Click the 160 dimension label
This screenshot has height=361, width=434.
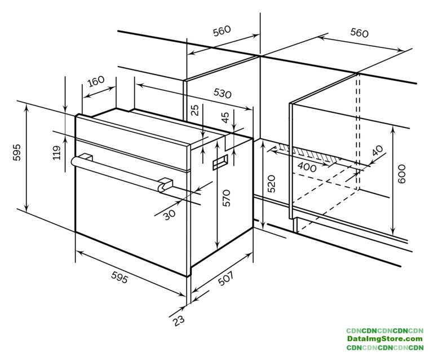pos(96,81)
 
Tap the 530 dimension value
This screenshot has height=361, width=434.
pos(222,94)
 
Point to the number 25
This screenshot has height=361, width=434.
pos(195,110)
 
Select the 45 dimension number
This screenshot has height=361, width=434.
pos(225,117)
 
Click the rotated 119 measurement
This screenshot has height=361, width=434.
pos(56,153)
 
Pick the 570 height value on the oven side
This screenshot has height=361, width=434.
pos(226,198)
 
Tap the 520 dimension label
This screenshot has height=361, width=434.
pos(272,183)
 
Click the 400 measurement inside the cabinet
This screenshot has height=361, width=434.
pos(307,167)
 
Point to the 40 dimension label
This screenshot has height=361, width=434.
pos(378,151)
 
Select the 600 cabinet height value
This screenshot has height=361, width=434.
pos(401,174)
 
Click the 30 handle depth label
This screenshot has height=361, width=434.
pos(170,214)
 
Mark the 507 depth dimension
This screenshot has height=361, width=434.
pos(226,278)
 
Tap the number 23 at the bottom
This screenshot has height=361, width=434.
pos(179,320)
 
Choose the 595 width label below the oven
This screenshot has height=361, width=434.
pos(119,277)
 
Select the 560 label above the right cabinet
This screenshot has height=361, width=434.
pos(359,33)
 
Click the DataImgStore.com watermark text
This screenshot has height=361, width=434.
pos(385,338)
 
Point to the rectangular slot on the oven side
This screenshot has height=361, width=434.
pos(220,162)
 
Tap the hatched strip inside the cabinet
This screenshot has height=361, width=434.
pos(309,153)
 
